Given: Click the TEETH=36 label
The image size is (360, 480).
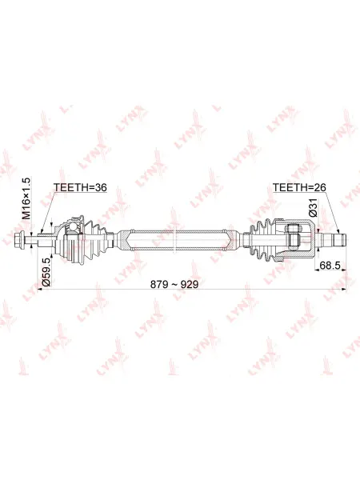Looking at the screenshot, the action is point(80,187).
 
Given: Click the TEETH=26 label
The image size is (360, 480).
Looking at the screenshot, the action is point(299,187).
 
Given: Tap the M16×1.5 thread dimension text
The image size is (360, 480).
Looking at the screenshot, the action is point(27,199).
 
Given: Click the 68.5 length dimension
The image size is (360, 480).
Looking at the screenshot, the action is point(330,265).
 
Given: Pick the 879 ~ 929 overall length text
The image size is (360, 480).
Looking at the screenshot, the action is point(174,284).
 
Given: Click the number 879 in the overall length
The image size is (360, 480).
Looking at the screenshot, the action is point(159,284).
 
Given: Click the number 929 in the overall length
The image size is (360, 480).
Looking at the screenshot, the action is point(190,284).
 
